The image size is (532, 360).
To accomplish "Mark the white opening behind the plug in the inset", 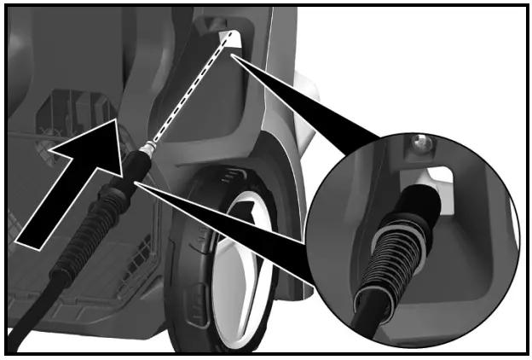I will pos(439,180).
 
